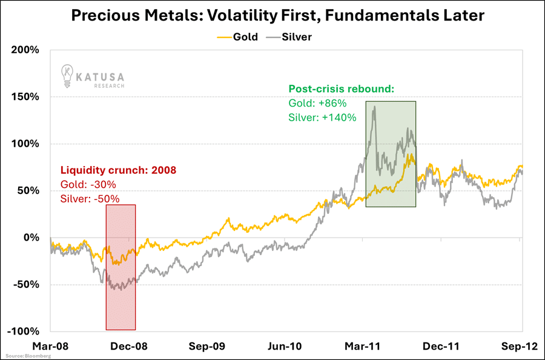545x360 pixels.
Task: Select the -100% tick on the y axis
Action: (24, 332)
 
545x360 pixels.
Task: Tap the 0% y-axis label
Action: (31, 238)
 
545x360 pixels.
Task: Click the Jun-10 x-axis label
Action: (285, 346)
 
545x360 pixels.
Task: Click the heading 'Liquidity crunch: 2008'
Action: (118, 170)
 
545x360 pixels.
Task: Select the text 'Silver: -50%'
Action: (89, 198)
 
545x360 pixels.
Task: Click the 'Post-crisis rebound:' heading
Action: (341, 89)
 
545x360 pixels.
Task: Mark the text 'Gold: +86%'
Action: (316, 103)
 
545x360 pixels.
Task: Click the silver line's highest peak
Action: (375, 107)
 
